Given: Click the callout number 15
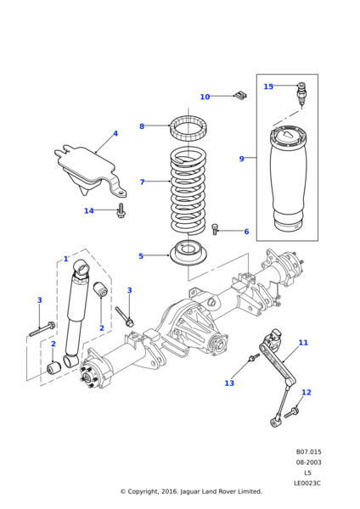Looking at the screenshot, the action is click(268, 87).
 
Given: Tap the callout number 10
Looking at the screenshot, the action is click(205, 97).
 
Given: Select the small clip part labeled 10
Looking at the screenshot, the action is click(241, 95).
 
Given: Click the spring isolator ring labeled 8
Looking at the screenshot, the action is click(188, 129).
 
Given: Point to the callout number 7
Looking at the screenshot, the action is click(142, 182).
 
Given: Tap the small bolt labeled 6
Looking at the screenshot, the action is click(215, 228).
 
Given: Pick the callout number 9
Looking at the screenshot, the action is click(241, 159).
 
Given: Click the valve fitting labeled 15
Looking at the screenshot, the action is click(301, 95).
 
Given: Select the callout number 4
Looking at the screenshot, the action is click(115, 133).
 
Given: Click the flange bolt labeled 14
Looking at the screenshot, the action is click(121, 210).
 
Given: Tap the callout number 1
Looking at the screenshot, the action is click(66, 259).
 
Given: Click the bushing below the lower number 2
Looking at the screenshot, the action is click(54, 367).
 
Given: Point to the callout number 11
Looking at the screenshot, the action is click(303, 343).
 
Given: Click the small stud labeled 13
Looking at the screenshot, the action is click(254, 358).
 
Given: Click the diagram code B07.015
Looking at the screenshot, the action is click(308, 452).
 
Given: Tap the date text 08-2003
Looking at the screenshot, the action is click(308, 462).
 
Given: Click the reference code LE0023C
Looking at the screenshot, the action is click(307, 484).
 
